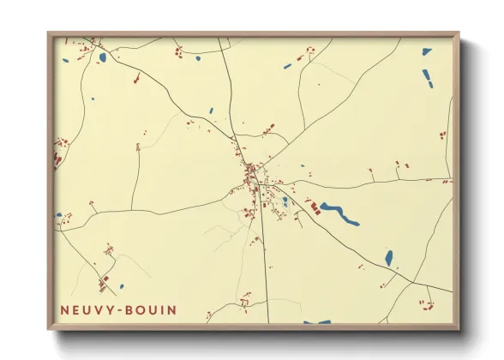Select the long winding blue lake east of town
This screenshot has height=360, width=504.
(339, 213)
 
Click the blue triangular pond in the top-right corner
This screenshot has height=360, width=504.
(427, 52)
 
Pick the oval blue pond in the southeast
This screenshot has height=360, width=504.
(388, 257)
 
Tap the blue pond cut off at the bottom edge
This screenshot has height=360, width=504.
(316, 322)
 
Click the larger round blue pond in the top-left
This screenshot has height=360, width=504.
(102, 57)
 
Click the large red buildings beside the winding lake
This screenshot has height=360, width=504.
(314, 207)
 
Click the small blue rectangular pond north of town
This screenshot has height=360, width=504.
(211, 111)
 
